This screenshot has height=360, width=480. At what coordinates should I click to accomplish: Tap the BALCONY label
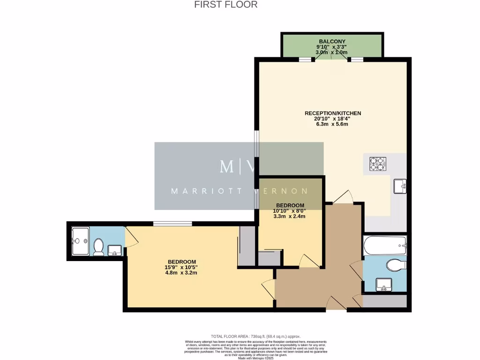point(332,41)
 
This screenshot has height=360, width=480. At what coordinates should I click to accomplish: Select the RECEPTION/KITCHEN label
point(333,113)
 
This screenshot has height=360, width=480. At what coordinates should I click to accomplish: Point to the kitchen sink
point(400,186)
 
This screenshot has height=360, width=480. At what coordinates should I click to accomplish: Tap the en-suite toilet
point(98,247)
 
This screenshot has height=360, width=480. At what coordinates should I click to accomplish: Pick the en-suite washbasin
point(115,250)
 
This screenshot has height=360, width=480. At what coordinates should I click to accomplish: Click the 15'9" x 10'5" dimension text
point(182,267)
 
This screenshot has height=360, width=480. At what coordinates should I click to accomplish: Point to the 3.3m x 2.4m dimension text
point(290,217)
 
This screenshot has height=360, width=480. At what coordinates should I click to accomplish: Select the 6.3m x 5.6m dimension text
point(332,124)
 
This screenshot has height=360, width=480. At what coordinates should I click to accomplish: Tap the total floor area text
point(255,337)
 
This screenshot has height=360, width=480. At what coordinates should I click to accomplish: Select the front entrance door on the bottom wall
point(336,304)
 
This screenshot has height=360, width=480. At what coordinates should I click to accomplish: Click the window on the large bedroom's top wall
point(172,223)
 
